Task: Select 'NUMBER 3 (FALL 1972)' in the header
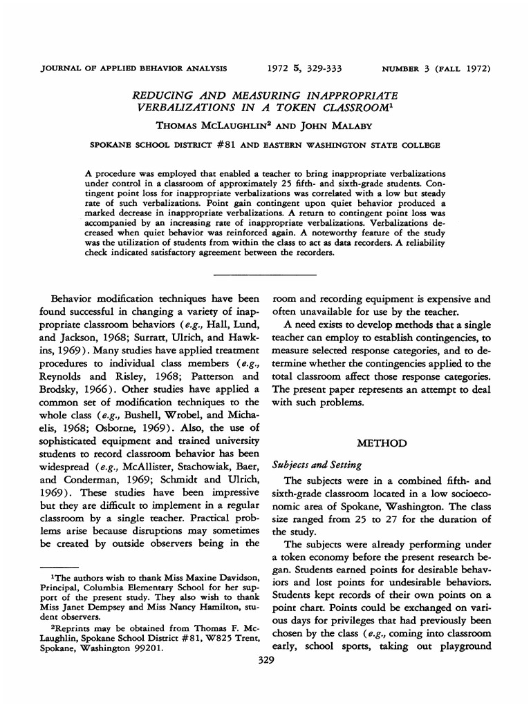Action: [x=436, y=69]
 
